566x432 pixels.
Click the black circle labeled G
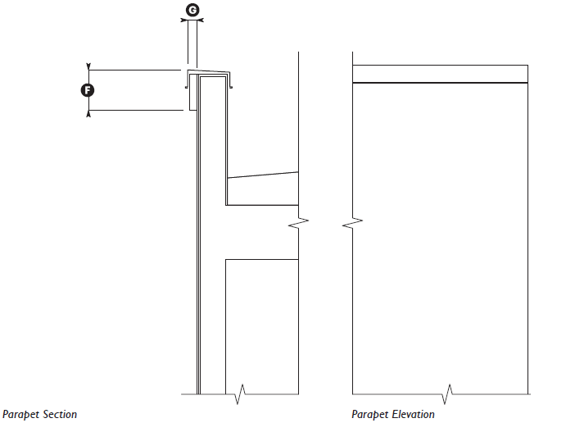192,10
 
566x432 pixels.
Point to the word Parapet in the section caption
19,415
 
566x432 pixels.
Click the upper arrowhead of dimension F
88,66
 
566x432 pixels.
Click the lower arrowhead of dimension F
88,114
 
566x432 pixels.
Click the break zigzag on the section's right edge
301,221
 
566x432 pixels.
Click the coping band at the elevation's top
439,74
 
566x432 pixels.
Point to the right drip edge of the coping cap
233,84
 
